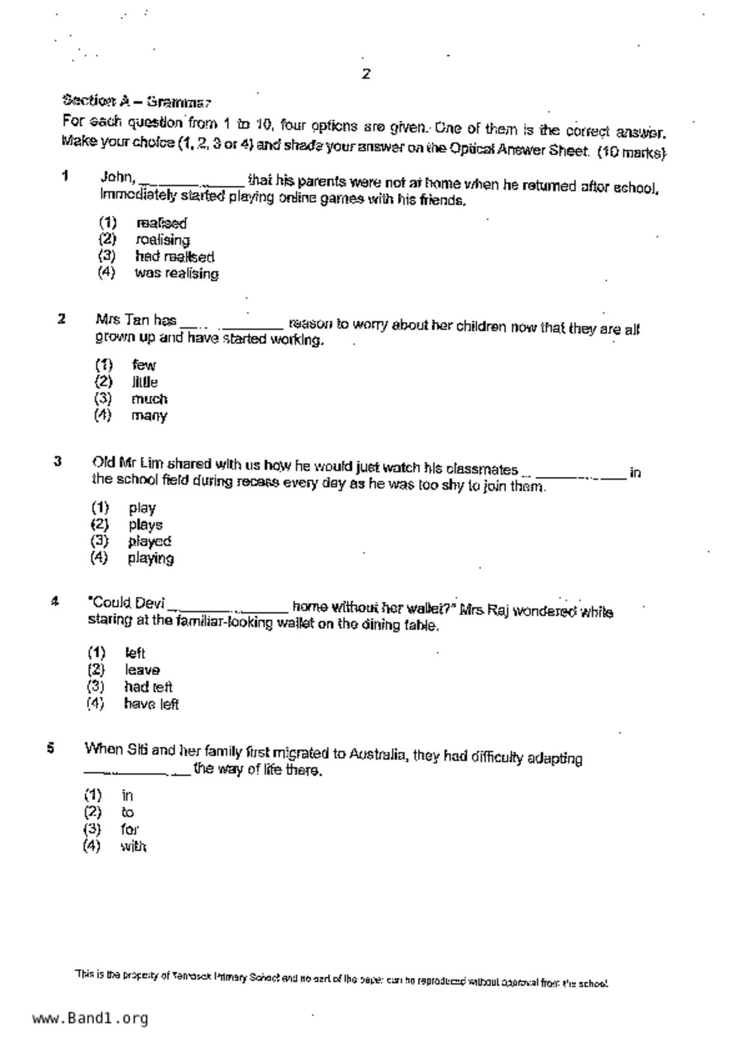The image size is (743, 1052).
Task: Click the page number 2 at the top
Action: pyautogui.click(x=366, y=74)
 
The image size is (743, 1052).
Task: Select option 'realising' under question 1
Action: pyautogui.click(x=163, y=240)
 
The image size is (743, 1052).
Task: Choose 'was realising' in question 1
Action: pyautogui.click(x=176, y=273)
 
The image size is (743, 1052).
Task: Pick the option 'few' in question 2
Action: pyautogui.click(x=143, y=365)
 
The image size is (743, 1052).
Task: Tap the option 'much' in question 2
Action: pyautogui.click(x=149, y=399)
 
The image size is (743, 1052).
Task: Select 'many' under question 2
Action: pyautogui.click(x=149, y=416)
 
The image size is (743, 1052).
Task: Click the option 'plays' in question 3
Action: pyautogui.click(x=145, y=525)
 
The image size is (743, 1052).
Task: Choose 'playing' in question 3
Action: pyautogui.click(x=151, y=558)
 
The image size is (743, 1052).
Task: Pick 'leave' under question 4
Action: pyautogui.click(x=142, y=670)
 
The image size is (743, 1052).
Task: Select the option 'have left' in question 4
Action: pyautogui.click(x=151, y=704)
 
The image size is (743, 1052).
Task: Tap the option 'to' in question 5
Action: pyautogui.click(x=127, y=813)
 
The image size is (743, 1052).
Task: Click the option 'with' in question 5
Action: pyautogui.click(x=133, y=846)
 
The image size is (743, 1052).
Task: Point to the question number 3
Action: pyautogui.click(x=58, y=461)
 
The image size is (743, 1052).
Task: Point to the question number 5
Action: pyautogui.click(x=51, y=748)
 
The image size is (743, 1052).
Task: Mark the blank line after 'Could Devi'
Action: pyautogui.click(x=228, y=609)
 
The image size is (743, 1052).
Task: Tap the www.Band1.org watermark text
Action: pyautogui.click(x=90, y=1018)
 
